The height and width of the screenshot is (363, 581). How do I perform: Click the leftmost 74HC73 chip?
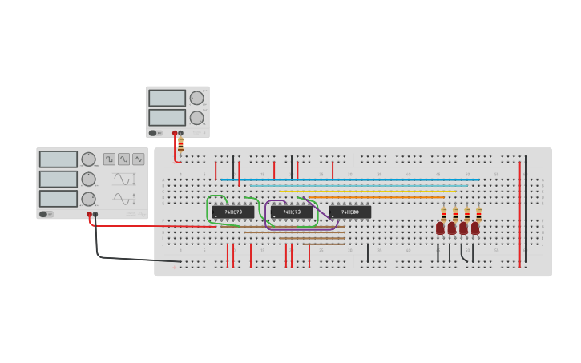click(233, 212)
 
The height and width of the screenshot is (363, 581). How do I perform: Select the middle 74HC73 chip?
click(292, 212)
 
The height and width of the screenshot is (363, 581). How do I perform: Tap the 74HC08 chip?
click(350, 212)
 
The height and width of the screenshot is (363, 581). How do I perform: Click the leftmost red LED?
click(440, 228)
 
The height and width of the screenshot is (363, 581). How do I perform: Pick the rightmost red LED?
click(475, 228)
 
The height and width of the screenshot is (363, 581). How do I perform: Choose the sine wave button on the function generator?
click(123, 159)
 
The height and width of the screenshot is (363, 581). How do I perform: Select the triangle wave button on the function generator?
click(139, 159)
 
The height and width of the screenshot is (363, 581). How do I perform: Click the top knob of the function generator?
click(88, 159)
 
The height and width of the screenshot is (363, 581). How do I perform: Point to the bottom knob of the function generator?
click(88, 199)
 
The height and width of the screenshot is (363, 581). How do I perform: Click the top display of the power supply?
click(167, 98)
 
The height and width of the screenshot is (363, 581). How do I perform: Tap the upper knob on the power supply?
click(196, 99)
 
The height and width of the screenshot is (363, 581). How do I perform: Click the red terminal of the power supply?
click(175, 133)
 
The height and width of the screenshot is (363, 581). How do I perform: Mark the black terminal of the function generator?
click(95, 214)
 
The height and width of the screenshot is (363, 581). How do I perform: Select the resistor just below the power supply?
click(181, 144)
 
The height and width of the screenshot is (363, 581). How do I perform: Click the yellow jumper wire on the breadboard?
click(369, 191)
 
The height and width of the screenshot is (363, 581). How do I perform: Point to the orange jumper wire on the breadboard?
click(377, 197)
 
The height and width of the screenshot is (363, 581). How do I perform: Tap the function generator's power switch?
click(46, 214)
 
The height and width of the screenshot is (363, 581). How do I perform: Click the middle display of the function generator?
click(59, 179)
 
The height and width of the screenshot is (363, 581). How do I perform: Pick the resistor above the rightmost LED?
click(478, 215)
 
